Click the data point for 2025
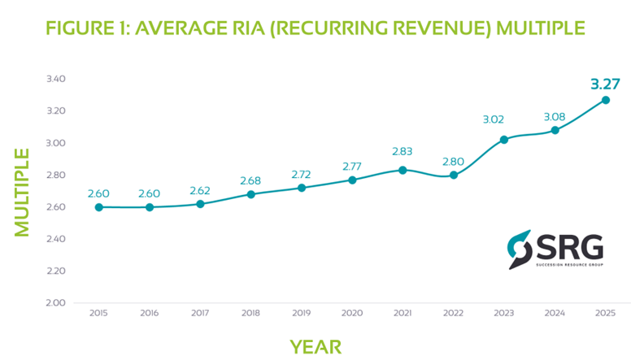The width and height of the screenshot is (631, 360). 605,100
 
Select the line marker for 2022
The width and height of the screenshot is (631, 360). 454,175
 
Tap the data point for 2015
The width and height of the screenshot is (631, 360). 99,207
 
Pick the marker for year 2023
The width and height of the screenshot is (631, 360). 504,140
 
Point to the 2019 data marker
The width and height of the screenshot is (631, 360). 302,188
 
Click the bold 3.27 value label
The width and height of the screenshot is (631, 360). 605,84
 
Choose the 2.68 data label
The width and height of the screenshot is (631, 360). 251,180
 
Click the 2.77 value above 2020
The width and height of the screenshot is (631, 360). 352,166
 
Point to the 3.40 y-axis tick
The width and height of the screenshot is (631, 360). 54,79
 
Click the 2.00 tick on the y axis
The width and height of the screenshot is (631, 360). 54,302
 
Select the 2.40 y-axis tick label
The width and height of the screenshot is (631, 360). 54,239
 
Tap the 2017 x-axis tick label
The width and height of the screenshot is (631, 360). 200,312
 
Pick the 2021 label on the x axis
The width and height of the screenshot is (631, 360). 403,312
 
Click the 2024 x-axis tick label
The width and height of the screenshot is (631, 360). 555,312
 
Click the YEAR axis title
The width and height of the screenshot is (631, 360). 315,345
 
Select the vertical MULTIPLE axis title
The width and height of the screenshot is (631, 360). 22,192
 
